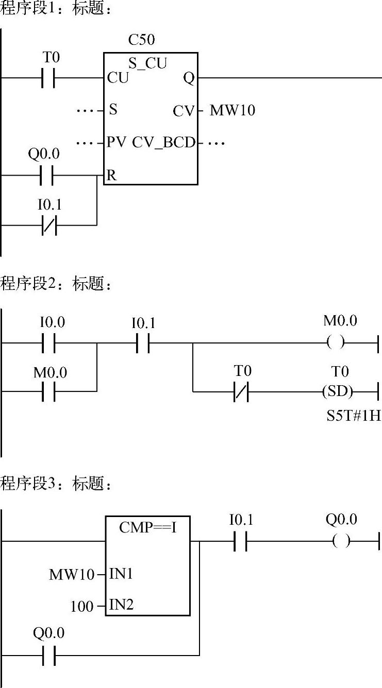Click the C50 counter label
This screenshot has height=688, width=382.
[141, 40]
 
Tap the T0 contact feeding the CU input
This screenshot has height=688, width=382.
[48, 78]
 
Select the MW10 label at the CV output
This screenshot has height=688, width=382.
[232, 110]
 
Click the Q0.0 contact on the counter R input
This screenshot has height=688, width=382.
[48, 176]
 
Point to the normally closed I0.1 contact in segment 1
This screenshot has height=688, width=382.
[49, 225]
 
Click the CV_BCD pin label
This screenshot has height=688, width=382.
[164, 143]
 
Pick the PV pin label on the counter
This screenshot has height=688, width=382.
[117, 143]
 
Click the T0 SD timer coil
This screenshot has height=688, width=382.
[338, 391]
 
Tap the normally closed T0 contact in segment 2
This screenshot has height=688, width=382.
[241, 391]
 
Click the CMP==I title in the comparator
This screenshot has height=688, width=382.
[147, 528]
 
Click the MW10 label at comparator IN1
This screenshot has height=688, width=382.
[72, 575]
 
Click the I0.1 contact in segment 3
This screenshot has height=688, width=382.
[241, 541]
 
